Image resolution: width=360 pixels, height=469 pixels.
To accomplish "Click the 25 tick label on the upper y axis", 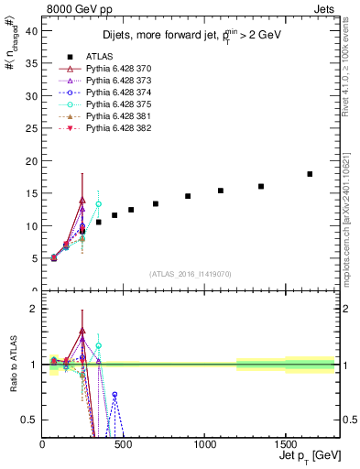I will [32, 128].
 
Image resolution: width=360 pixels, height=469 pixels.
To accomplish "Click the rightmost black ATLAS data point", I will [310, 174].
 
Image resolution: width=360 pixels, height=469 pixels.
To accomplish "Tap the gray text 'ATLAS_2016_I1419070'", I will [190, 274].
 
